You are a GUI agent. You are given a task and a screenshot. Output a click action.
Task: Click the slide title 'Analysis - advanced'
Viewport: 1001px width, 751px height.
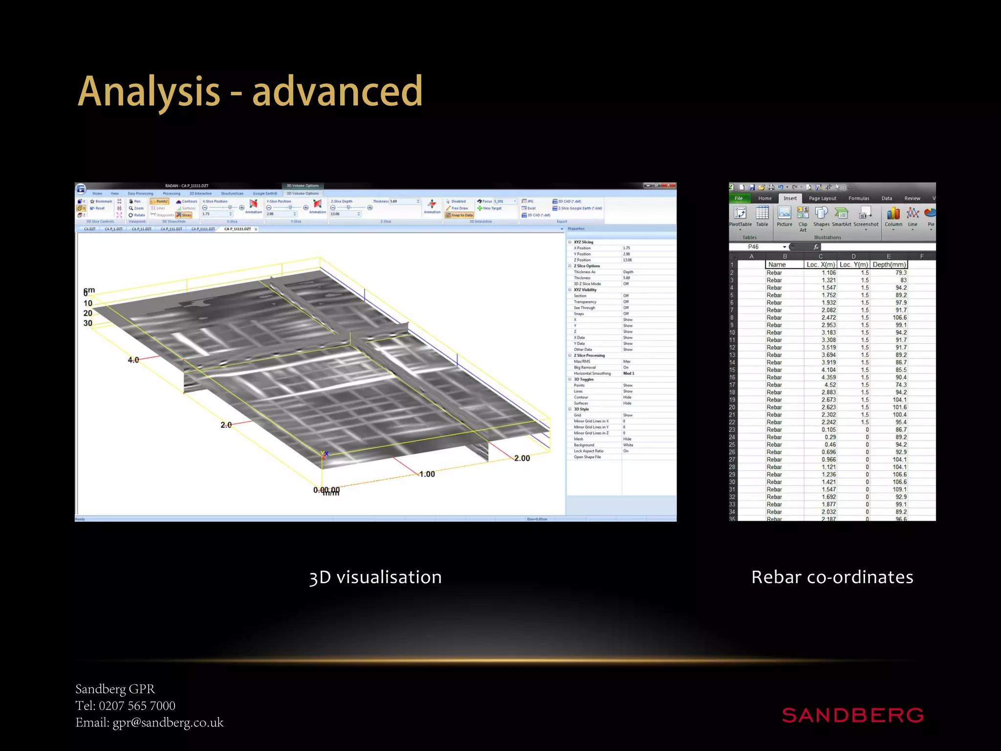tap(250, 91)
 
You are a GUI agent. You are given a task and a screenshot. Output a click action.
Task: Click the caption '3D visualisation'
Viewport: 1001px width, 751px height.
tap(375, 577)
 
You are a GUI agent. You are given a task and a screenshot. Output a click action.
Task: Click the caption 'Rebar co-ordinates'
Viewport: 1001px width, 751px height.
tap(832, 577)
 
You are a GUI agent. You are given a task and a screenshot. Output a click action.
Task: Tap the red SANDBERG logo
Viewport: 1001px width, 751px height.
tap(852, 715)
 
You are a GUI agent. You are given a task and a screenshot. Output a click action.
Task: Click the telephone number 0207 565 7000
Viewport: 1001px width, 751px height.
tap(137, 706)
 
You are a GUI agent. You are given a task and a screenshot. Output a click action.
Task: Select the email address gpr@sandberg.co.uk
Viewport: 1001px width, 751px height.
tap(168, 722)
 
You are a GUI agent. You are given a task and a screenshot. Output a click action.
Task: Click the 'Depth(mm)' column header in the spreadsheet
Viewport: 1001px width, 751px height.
tap(889, 265)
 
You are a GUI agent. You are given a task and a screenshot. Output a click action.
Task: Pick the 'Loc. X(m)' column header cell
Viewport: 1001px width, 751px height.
tap(821, 265)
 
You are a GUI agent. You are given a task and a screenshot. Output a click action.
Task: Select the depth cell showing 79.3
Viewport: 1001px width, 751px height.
tap(900, 273)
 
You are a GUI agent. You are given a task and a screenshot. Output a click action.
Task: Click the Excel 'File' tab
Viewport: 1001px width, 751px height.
tap(739, 199)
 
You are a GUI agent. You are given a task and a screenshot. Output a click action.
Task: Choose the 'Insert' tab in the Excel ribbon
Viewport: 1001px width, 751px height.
tap(790, 199)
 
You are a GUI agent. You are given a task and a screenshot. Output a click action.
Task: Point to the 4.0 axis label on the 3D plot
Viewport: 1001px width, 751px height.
tap(133, 360)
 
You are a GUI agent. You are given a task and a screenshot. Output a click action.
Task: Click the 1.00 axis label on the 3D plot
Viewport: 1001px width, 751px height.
tap(427, 474)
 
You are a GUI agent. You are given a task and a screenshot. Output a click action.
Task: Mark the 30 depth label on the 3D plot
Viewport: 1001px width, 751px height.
tap(88, 323)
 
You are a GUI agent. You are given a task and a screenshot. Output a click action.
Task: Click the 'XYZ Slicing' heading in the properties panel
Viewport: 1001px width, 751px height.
tap(583, 242)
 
